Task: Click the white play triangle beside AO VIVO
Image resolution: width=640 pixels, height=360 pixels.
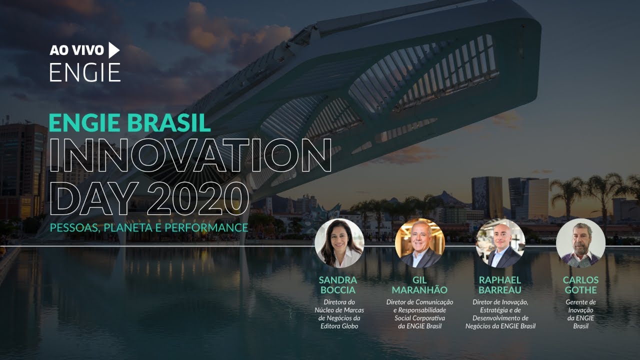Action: click(114, 50)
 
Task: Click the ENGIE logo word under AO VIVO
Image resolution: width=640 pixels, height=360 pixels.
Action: click(85, 72)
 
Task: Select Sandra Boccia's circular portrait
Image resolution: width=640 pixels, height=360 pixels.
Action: click(339, 243)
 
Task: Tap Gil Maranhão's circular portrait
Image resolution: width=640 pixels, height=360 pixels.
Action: click(419, 243)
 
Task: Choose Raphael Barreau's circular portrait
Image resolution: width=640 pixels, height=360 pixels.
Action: click(500, 243)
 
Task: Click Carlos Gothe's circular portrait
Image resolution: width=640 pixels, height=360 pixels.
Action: click(580, 243)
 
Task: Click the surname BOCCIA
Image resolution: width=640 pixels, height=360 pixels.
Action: click(338, 290)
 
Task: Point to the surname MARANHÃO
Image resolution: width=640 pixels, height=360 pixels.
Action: click(419, 290)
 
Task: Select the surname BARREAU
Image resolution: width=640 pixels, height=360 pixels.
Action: click(500, 290)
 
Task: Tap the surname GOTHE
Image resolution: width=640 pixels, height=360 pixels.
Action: click(580, 290)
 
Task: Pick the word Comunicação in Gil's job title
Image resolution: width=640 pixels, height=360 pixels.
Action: click(433, 302)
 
